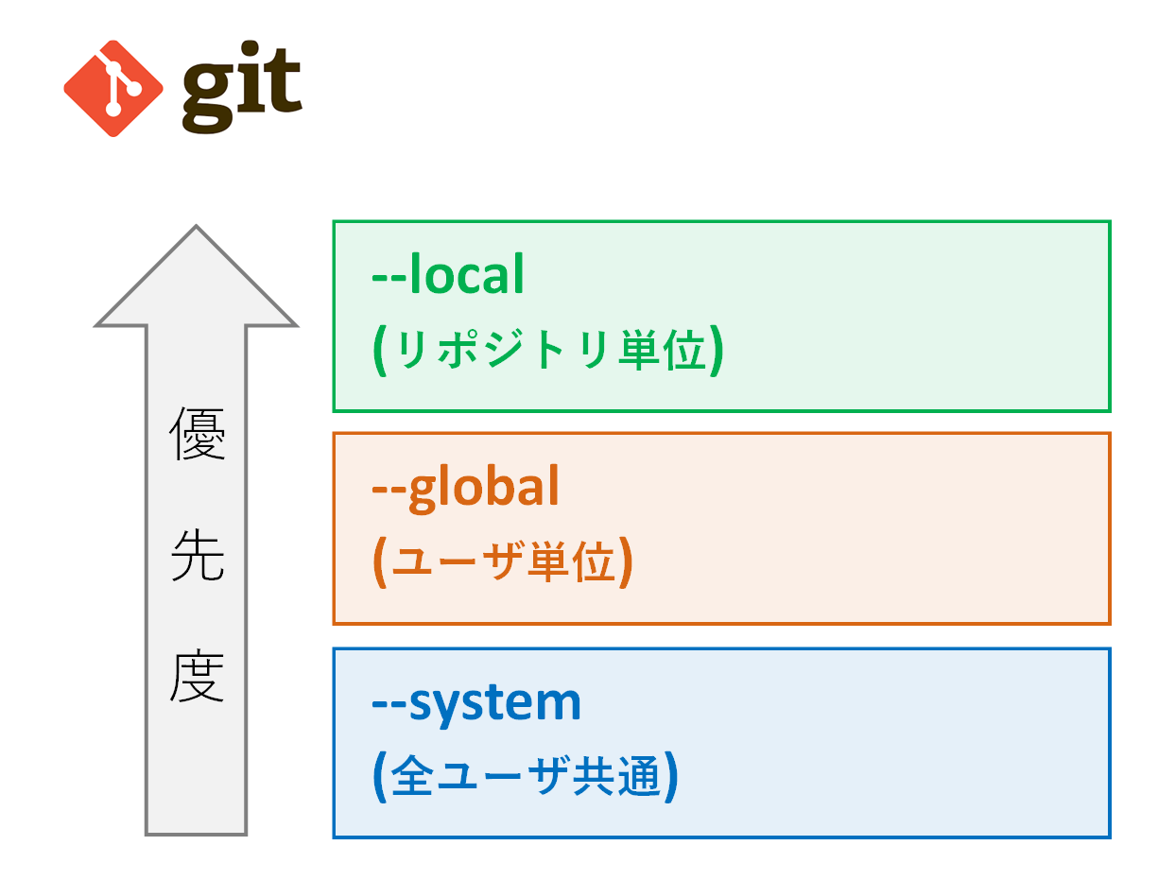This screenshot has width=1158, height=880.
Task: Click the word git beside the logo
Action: click(x=242, y=91)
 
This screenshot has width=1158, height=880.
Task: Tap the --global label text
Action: click(x=466, y=488)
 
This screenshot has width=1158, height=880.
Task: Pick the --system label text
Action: click(x=476, y=702)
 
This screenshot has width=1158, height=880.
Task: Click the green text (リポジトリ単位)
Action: click(x=548, y=352)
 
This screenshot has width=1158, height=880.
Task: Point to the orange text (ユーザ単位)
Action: click(x=502, y=564)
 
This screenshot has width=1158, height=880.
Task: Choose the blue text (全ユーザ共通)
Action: click(x=526, y=778)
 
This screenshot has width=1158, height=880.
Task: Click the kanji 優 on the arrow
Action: click(x=197, y=434)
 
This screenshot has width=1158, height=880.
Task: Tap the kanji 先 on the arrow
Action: click(x=197, y=557)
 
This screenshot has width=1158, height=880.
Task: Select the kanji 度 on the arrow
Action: click(x=197, y=677)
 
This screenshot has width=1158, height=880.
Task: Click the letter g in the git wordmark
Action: click(x=208, y=95)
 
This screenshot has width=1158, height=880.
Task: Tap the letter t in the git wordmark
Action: click(x=283, y=87)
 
